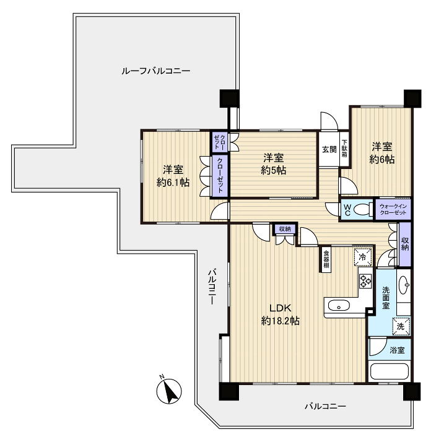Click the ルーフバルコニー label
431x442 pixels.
coord(155,71)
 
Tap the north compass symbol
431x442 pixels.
coord(169,391)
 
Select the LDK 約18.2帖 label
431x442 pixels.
coord(281,314)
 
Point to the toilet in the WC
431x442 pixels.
coord(362,209)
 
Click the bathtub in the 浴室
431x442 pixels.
coord(390,371)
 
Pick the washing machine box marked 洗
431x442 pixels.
coord(401,326)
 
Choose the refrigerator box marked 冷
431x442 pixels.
coord(362,257)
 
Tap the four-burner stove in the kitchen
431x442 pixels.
coord(365,281)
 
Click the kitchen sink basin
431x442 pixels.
coord(339,305)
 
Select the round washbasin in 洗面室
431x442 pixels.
coord(404,285)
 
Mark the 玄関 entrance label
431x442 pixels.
coord(329,149)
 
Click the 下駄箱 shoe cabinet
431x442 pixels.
coord(344,149)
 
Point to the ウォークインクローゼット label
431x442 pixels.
coord(393,209)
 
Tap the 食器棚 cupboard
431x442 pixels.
coord(326,259)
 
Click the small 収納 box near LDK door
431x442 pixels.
coord(285,229)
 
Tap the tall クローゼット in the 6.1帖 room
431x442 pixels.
coord(220,175)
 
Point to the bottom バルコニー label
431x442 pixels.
coord(325,406)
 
